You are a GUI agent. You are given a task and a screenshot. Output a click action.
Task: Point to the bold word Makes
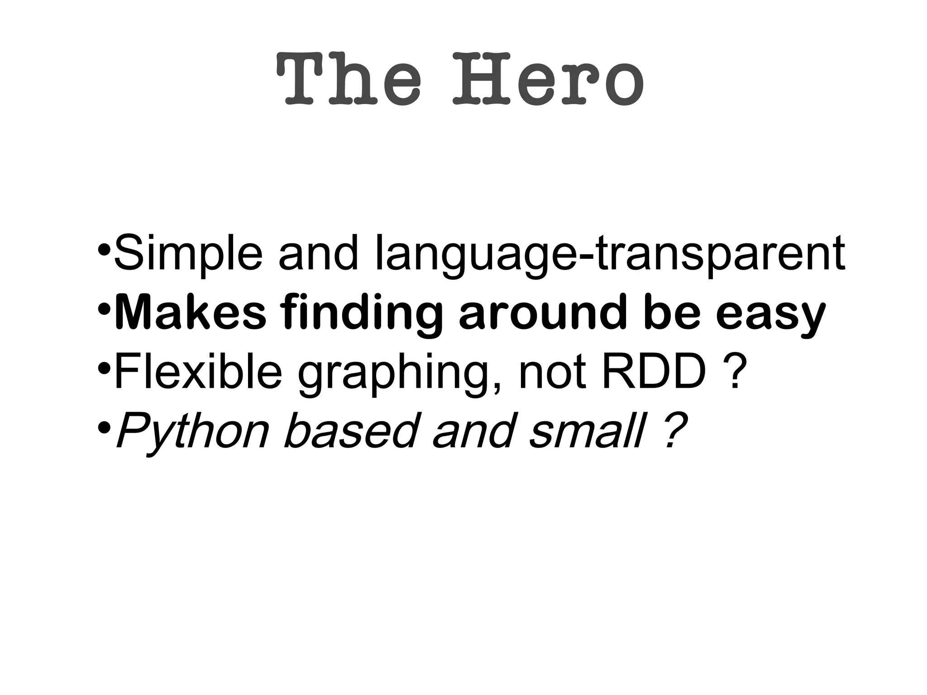tap(191, 312)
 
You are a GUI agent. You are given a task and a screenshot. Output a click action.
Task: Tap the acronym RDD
tap(654, 371)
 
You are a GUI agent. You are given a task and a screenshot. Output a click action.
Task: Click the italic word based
tap(349, 430)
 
